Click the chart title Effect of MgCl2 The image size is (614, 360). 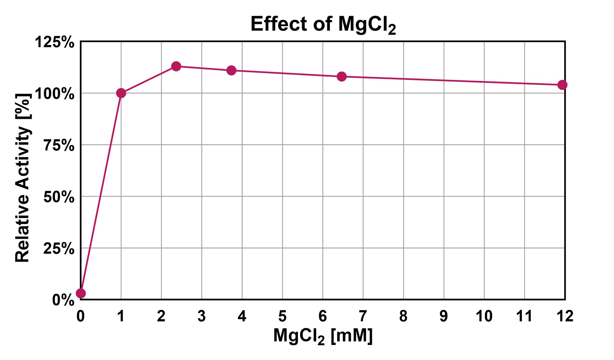point(323,24)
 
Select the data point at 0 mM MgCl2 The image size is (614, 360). point(81,293)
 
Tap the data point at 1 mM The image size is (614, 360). point(121,93)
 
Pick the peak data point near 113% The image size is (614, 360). point(176,66)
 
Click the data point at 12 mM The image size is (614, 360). point(562,85)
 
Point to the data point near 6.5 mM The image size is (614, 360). point(342,76)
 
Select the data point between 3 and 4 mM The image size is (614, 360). point(231,70)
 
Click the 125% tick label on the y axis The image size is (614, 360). point(55,42)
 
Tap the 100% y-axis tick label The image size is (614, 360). point(55,94)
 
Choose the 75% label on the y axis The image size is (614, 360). point(59,145)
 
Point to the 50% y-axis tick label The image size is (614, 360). point(59,197)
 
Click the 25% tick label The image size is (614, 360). point(59,248)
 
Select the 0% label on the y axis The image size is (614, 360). point(63,300)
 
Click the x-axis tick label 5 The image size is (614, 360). point(282,316)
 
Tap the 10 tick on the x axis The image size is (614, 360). point(484,316)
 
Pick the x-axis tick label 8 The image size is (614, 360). point(403,316)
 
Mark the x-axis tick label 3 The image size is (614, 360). point(202,316)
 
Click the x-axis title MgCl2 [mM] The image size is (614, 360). point(323,336)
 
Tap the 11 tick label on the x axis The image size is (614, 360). point(524,316)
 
